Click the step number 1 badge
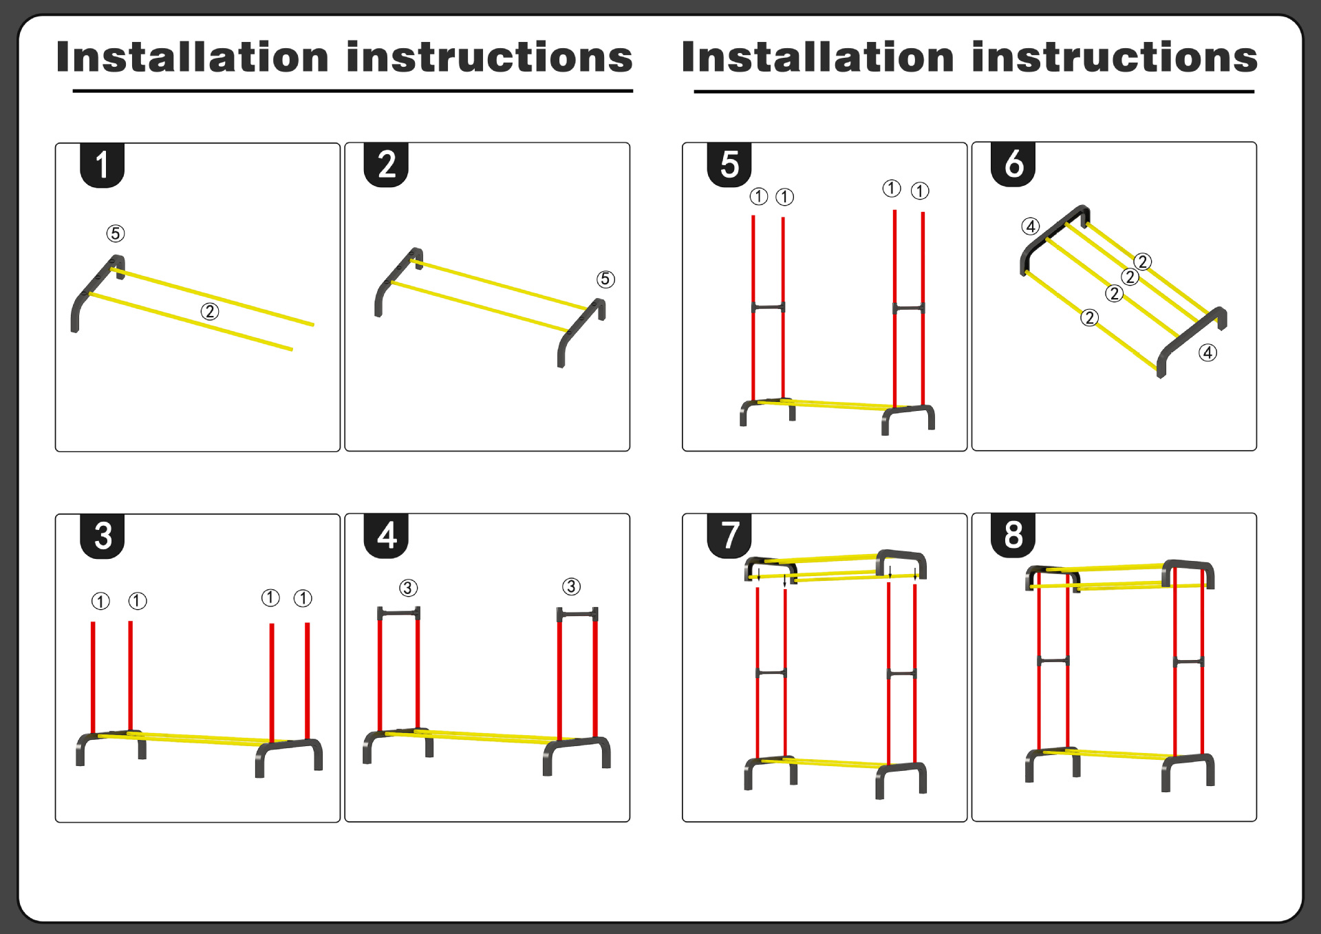[102, 165]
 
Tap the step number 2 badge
[386, 164]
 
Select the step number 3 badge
[102, 535]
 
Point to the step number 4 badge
[386, 535]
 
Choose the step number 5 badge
[729, 164]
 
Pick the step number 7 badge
[729, 535]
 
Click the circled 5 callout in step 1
[116, 233]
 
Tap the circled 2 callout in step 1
[210, 312]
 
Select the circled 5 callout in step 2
[605, 279]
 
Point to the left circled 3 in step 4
[408, 588]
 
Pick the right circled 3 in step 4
[571, 586]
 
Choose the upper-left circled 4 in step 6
[1030, 226]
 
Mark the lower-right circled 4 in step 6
[1207, 352]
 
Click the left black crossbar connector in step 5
[768, 307]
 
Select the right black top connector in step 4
[577, 613]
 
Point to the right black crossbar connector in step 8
[1188, 661]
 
